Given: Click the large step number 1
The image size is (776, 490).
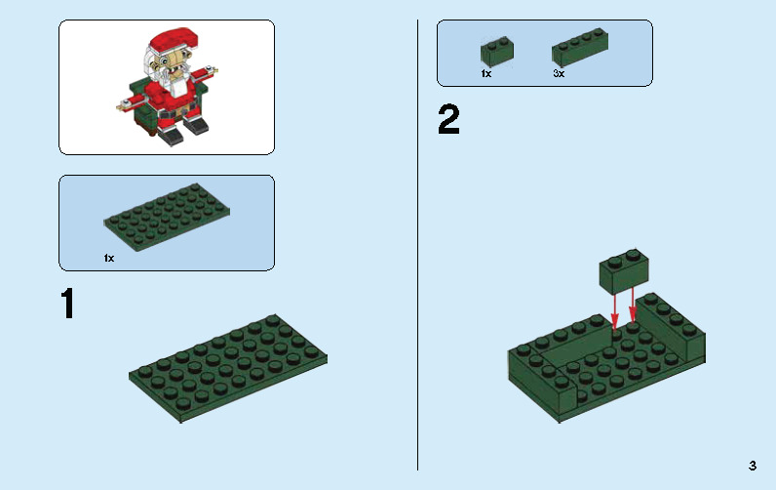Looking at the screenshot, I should tap(67, 304).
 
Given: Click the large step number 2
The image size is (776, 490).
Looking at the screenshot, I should tap(448, 121).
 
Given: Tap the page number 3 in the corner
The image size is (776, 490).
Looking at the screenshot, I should tap(753, 466).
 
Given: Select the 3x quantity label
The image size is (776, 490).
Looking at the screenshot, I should tap(559, 73).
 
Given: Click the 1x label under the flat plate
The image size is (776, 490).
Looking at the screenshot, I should tap(109, 259).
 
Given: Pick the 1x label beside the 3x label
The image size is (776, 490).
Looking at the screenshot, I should tap(486, 73).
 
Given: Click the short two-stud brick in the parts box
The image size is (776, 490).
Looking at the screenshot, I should tap(497, 52).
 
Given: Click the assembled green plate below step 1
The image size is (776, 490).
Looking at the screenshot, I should tap(228, 366).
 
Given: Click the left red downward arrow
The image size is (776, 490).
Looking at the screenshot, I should tap(614, 308).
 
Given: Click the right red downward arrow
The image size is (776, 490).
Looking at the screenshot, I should tap(633, 304).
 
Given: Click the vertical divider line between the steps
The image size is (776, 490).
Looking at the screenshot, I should tap(418, 244).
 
